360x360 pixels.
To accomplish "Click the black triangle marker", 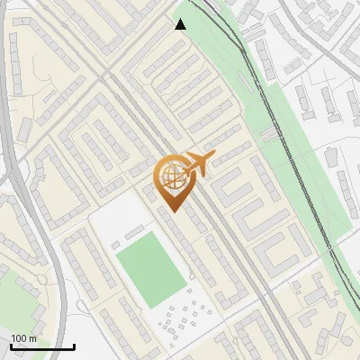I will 181,25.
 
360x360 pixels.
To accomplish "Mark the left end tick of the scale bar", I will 11,346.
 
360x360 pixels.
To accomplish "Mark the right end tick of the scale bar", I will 74,346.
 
